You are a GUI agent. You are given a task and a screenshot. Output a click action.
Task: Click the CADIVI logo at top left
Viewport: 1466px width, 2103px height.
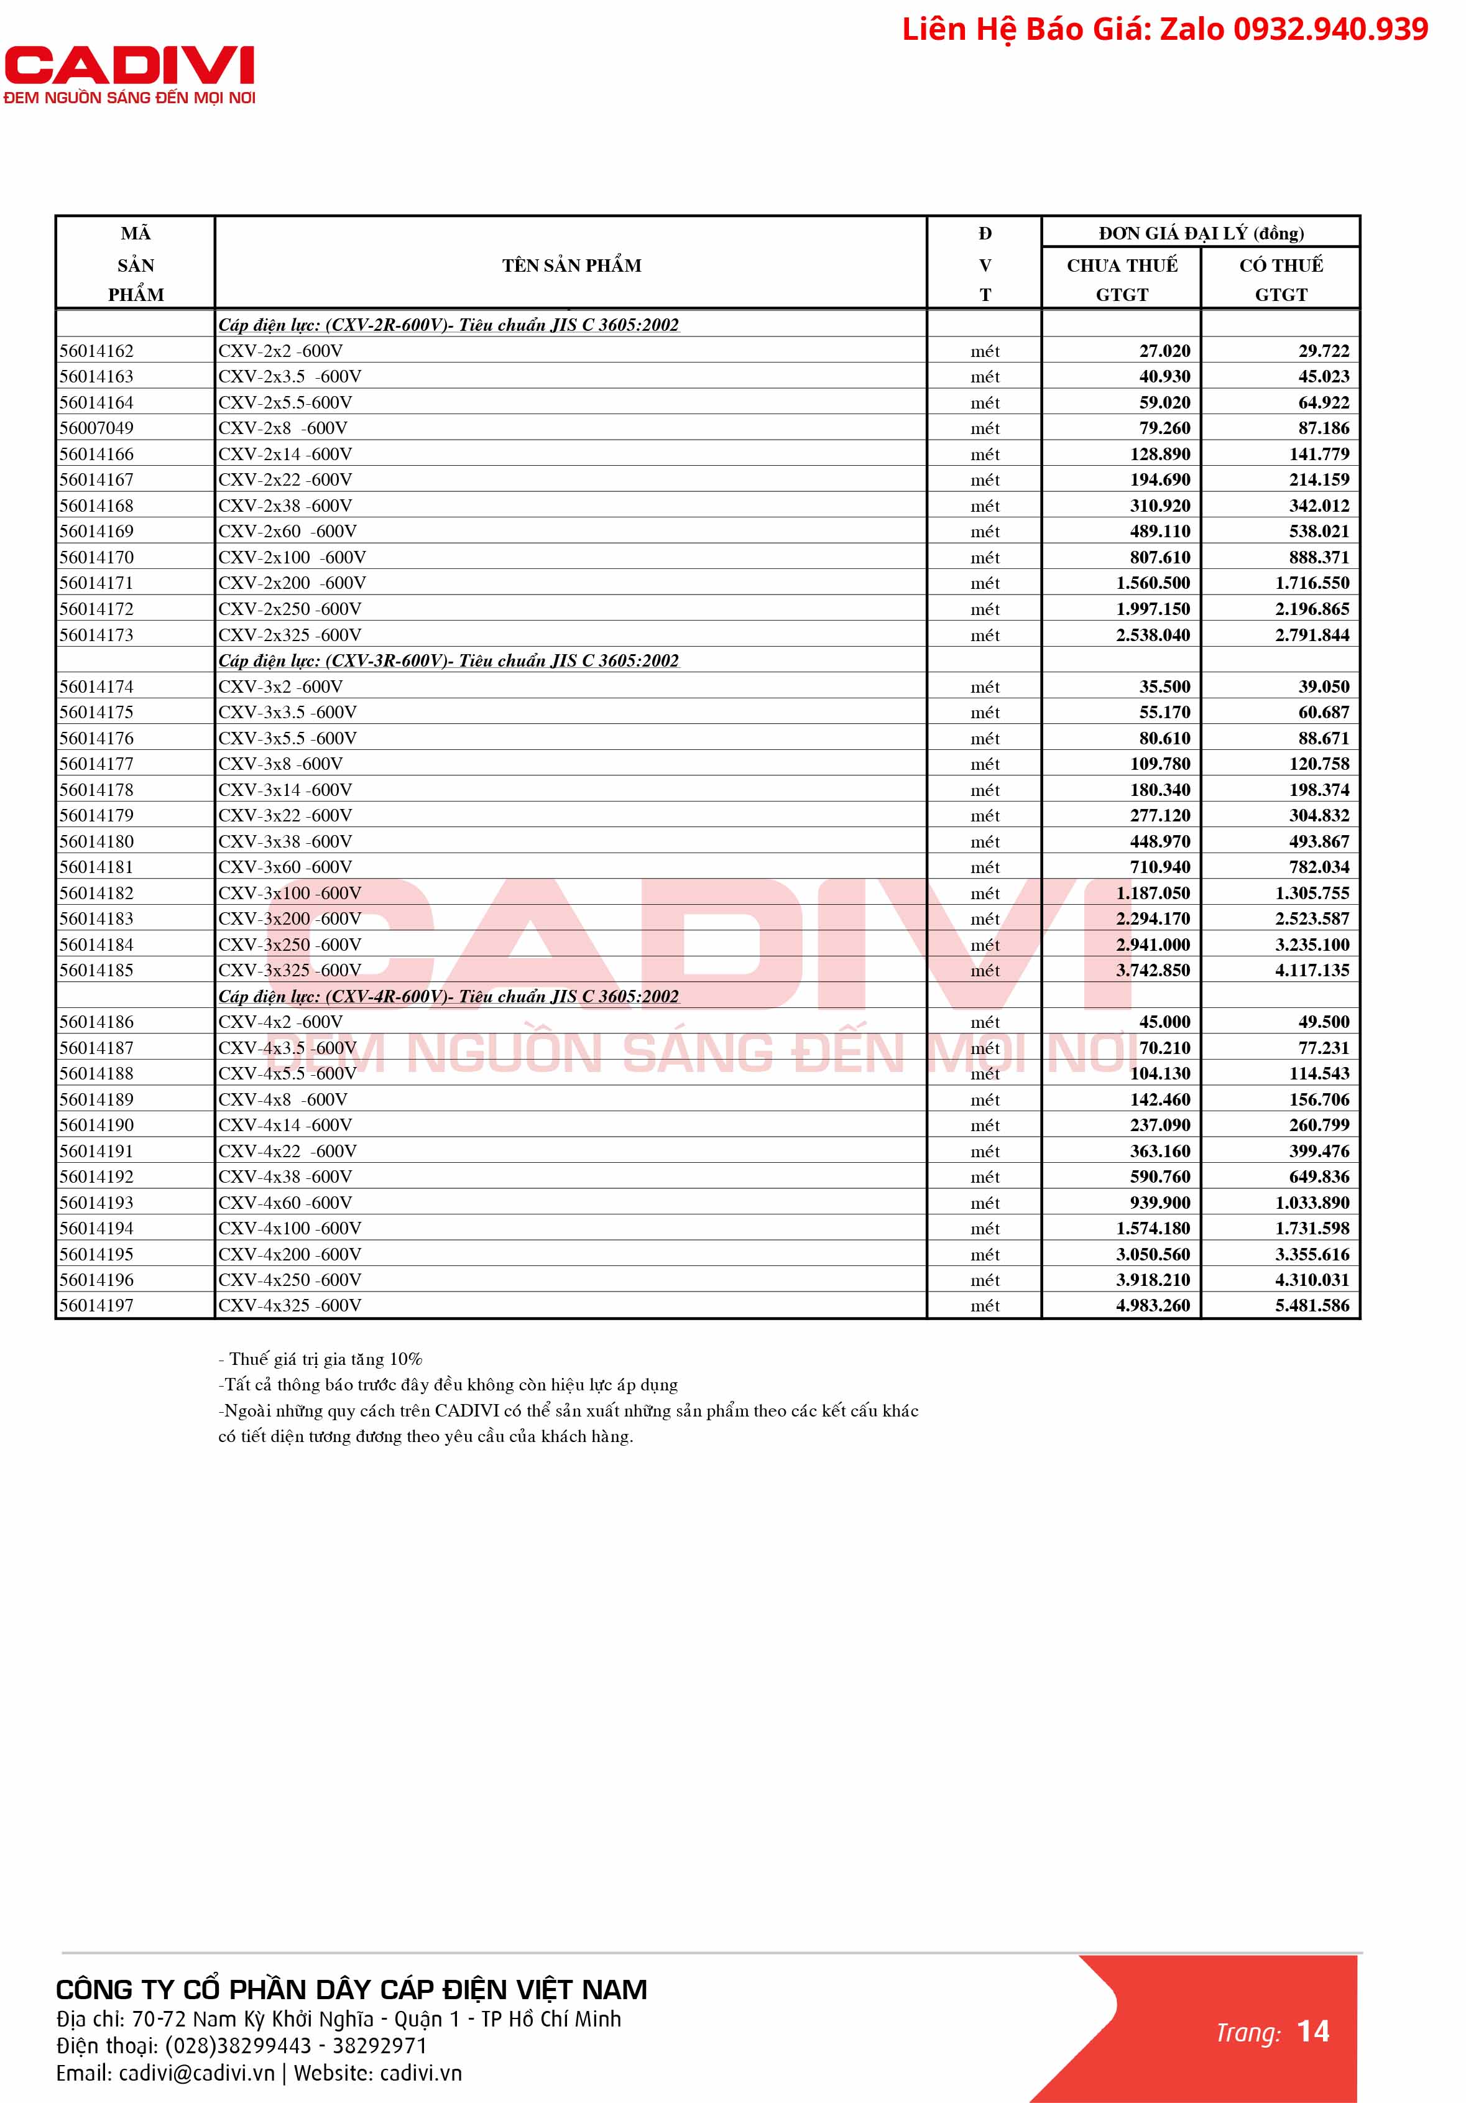click(x=129, y=73)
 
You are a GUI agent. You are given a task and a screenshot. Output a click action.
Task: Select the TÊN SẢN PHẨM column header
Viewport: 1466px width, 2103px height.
click(x=571, y=266)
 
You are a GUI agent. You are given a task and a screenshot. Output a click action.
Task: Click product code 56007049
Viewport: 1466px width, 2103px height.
click(x=96, y=428)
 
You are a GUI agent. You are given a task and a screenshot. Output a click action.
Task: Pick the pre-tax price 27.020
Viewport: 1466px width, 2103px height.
click(x=1164, y=351)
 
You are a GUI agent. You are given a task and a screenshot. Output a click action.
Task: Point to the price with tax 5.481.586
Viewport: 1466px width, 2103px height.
click(x=1312, y=1305)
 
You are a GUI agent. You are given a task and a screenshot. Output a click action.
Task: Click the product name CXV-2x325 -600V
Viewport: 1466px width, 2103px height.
click(x=289, y=635)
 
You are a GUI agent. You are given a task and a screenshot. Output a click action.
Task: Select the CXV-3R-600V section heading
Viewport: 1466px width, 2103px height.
click(x=449, y=660)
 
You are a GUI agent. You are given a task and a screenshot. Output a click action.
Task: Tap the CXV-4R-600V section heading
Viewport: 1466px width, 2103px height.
click(x=449, y=997)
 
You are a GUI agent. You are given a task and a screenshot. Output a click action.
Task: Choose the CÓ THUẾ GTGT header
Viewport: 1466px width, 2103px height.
click(x=1281, y=279)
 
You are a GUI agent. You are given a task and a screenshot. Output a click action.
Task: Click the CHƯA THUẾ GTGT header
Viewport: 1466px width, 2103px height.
click(x=1122, y=279)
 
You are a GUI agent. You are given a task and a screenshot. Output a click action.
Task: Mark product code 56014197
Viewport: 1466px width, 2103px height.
click(x=96, y=1305)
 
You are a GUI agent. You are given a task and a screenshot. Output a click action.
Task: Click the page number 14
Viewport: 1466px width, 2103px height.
click(x=1313, y=2031)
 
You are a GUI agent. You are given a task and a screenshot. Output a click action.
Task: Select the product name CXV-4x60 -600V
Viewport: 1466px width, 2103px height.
click(x=285, y=1203)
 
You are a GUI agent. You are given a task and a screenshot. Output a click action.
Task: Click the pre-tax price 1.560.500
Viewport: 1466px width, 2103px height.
click(x=1153, y=583)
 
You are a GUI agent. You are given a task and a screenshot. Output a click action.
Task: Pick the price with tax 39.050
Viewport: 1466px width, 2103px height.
click(x=1323, y=686)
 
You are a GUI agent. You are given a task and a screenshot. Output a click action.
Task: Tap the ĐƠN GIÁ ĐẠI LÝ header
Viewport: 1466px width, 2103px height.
click(x=1201, y=233)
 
